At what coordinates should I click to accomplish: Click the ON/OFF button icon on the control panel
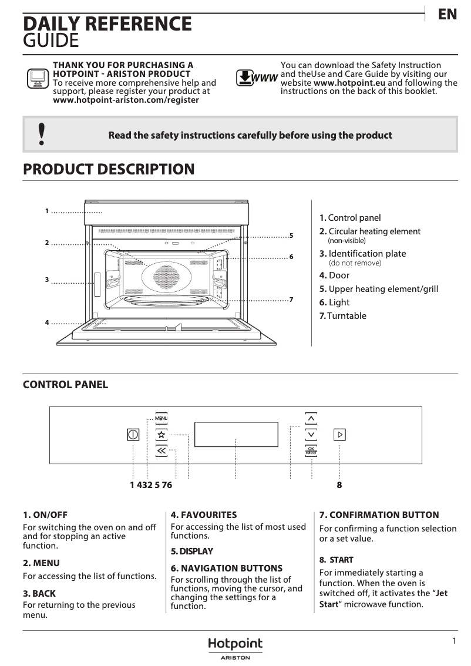[x=133, y=435]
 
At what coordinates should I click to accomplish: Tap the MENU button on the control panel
[x=162, y=418]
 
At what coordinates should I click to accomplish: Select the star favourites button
[x=162, y=435]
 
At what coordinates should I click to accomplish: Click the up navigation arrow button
[x=311, y=418]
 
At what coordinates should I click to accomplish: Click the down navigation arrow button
[x=311, y=435]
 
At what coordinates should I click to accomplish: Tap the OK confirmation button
[x=311, y=450]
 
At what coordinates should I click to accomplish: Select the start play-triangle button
[x=340, y=435]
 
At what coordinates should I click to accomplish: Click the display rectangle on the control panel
[x=235, y=435]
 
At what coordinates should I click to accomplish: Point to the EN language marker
[x=448, y=15]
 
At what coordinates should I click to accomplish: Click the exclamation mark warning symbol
[x=41, y=134]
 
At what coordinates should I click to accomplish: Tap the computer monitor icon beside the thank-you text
[x=37, y=79]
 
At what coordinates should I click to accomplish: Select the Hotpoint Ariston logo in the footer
[x=235, y=648]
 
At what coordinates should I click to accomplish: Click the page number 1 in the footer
[x=454, y=641]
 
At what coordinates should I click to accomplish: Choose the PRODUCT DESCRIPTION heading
[x=109, y=169]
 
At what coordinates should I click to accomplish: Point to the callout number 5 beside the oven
[x=291, y=236]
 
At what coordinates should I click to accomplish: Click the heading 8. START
[x=337, y=560]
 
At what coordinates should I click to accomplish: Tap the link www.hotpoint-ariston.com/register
[x=126, y=100]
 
